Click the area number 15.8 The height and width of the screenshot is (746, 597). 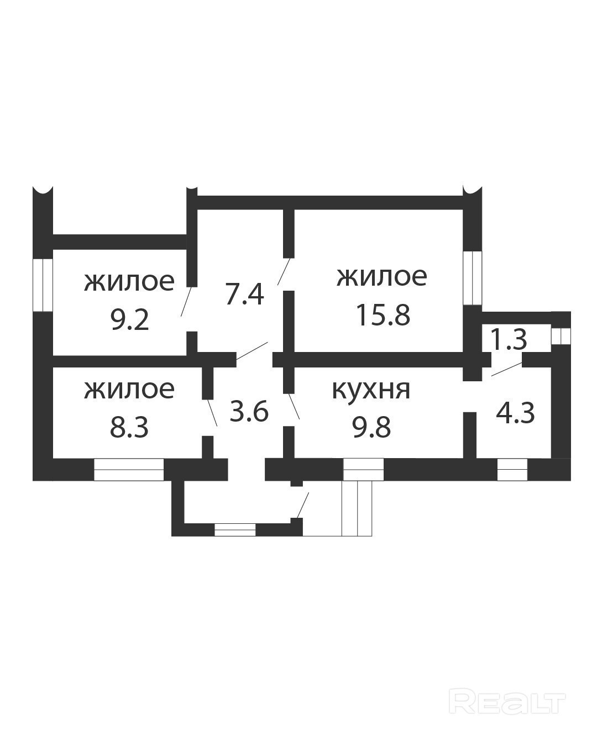[383, 315]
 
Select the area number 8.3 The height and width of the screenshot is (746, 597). [129, 427]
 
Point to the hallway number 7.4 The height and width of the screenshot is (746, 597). [244, 294]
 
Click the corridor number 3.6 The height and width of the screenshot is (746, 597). [249, 412]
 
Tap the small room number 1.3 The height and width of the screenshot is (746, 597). [510, 339]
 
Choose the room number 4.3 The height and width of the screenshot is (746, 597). [515, 413]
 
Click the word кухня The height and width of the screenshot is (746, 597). [371, 390]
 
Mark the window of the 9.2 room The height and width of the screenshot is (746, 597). [43, 285]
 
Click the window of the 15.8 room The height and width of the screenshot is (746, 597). [473, 277]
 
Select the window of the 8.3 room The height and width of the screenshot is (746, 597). [129, 469]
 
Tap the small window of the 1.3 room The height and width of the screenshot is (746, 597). [561, 335]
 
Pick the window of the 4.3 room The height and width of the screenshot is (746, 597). [512, 469]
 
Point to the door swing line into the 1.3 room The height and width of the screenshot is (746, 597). [507, 369]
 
